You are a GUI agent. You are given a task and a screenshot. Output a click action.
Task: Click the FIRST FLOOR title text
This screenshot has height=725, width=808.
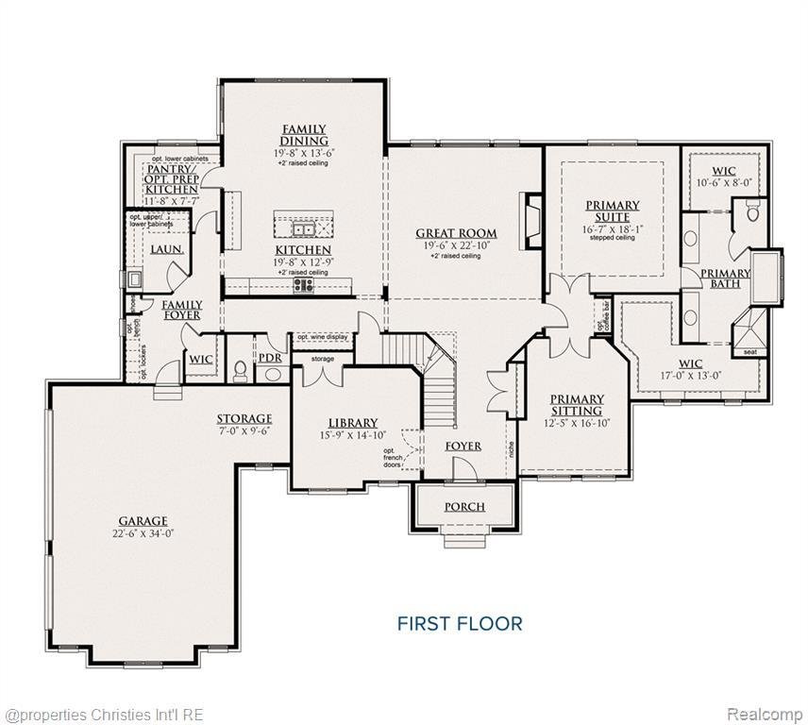(x=459, y=623)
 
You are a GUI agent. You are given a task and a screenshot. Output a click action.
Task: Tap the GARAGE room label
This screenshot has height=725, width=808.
(x=143, y=520)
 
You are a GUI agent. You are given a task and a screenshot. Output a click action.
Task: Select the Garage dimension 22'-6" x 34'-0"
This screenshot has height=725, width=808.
(x=143, y=533)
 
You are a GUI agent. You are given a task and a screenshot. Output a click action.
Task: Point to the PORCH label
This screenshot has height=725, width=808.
(x=464, y=507)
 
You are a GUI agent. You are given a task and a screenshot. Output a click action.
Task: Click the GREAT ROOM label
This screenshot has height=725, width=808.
(x=457, y=233)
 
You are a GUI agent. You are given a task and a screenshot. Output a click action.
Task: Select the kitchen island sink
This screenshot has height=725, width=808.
(x=304, y=228)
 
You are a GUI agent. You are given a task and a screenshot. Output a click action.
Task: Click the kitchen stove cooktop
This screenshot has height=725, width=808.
(x=304, y=284)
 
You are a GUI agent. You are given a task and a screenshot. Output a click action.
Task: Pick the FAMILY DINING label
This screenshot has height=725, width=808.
(x=304, y=135)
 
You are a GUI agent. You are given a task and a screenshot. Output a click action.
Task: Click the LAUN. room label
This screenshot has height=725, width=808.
(x=166, y=249)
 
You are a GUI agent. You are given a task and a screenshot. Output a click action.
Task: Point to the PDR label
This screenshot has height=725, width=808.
(x=271, y=358)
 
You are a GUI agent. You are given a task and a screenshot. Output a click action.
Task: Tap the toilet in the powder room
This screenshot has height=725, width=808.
(x=240, y=369)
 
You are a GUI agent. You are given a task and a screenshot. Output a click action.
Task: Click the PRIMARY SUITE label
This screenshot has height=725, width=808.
(x=613, y=211)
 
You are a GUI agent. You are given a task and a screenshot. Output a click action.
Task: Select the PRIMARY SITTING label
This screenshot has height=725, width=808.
(x=577, y=405)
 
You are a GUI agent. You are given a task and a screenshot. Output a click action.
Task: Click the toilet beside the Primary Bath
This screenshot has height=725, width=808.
(x=753, y=212)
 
